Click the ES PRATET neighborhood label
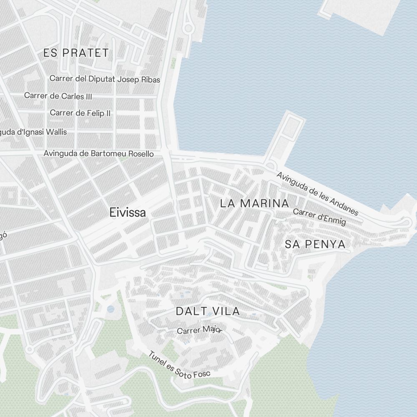[76, 53]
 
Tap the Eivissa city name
[128, 213]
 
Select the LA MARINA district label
[254, 203]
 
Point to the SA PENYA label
[315, 244]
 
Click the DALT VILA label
[208, 311]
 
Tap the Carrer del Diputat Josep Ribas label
[105, 79]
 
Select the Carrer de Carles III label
[58, 96]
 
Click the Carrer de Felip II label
[80, 113]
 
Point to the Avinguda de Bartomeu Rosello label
[98, 154]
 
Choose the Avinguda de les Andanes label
[317, 193]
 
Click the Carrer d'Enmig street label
[319, 216]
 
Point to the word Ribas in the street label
[151, 79]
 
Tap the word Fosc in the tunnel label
[203, 374]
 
